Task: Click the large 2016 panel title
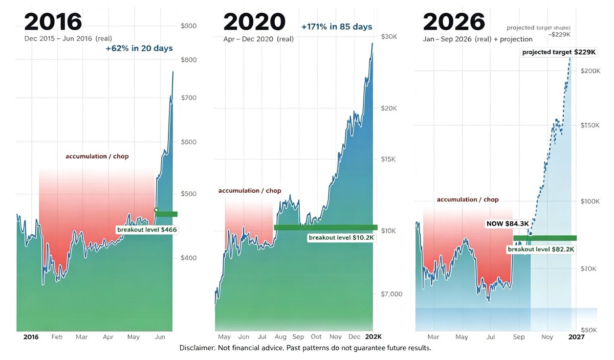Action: point(53,21)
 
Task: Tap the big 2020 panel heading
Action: point(254,21)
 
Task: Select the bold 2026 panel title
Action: point(454,21)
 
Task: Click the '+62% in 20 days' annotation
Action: point(139,48)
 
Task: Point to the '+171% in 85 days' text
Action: point(337,27)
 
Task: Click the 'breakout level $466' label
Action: point(147,230)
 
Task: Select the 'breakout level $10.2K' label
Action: point(341,238)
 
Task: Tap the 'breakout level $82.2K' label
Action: point(541,250)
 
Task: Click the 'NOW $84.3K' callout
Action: point(508,223)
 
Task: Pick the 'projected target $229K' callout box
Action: point(559,52)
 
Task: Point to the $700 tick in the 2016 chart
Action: point(189,98)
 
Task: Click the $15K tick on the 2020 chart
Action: point(388,159)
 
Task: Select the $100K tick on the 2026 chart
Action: point(590,201)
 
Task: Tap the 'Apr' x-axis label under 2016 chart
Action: point(108,337)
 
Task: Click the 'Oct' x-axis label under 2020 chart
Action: point(316,336)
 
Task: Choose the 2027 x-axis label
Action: point(577,336)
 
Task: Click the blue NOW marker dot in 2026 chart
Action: point(531,234)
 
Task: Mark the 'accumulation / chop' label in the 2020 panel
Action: point(250,191)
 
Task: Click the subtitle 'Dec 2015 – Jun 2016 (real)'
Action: point(68,38)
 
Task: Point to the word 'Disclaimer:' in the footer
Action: point(198,348)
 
